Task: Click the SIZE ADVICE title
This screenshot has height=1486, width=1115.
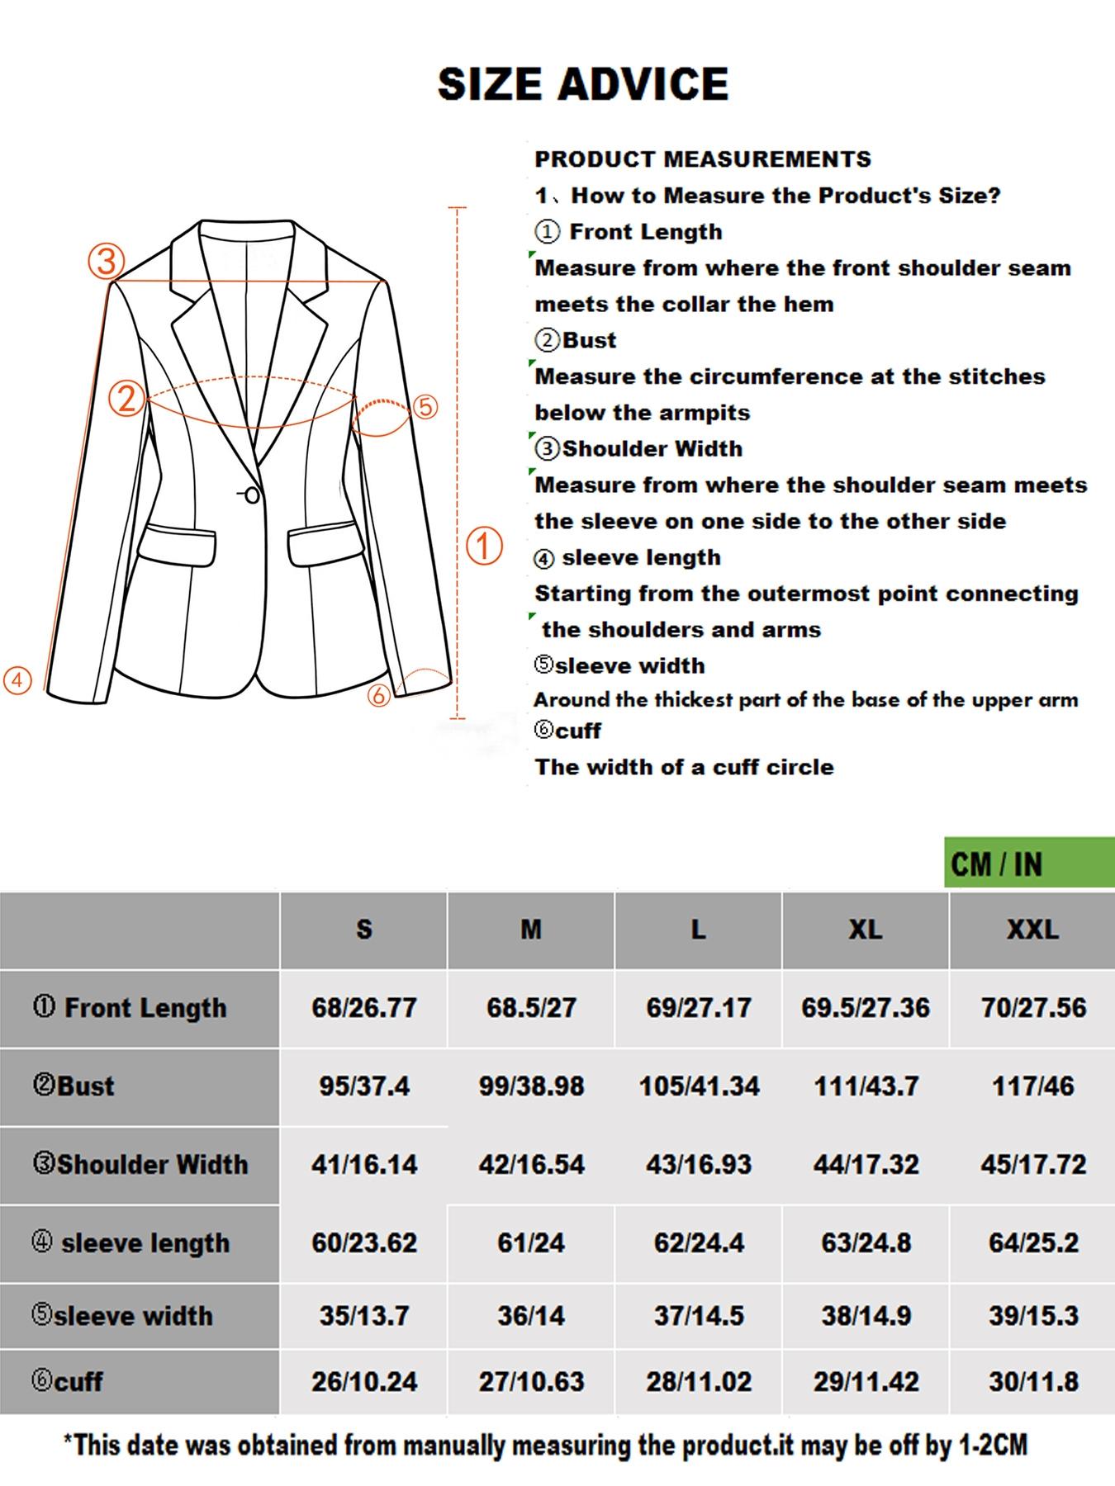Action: pos(582,83)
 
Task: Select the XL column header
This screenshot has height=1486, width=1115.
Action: pos(865,930)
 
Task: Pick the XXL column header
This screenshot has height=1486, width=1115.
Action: pos(1032,930)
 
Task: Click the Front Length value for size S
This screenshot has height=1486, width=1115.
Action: pos(363,1007)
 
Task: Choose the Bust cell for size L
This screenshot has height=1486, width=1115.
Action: pos(699,1086)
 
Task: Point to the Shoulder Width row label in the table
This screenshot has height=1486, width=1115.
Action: pos(140,1164)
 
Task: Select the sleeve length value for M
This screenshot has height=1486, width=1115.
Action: pos(530,1242)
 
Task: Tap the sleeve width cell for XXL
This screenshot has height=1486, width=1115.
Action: pos(1032,1315)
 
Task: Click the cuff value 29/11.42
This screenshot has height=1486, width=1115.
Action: pos(865,1381)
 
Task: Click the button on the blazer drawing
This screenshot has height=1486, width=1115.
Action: pos(253,495)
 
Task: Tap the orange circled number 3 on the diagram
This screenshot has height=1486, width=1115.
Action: pos(106,262)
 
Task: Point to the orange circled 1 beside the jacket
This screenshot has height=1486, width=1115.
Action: pos(485,546)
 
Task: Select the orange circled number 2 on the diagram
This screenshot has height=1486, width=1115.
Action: pos(126,399)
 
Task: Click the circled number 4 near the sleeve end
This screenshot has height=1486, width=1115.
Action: pos(17,680)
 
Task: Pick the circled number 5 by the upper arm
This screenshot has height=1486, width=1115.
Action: pos(425,407)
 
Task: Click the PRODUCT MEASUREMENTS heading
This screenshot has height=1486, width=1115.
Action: pos(702,159)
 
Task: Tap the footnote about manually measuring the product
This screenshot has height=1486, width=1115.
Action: pos(545,1445)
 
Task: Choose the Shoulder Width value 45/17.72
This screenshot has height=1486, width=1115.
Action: pos(1032,1164)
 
